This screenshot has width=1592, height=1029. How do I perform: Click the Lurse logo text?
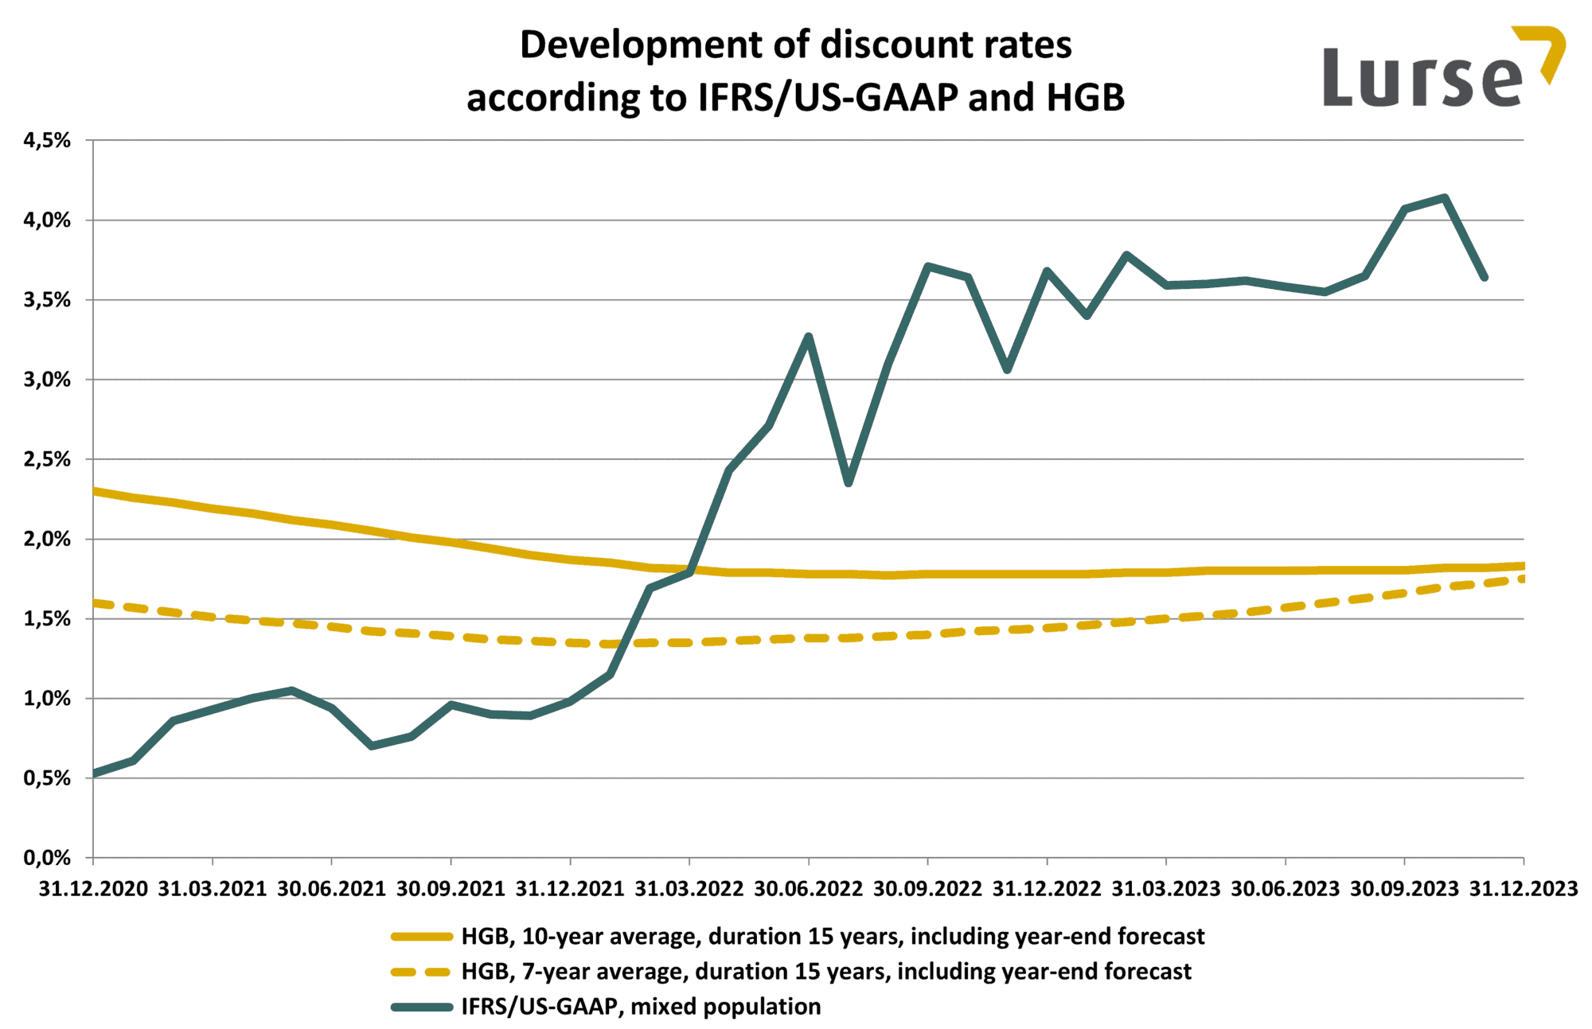1422,78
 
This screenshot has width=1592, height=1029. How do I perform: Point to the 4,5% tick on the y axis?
47,141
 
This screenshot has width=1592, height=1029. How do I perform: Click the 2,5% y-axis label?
47,460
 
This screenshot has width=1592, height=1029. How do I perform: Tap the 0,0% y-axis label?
47,858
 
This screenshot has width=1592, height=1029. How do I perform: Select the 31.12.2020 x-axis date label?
93,889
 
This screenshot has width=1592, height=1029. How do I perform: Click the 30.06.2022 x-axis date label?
808,889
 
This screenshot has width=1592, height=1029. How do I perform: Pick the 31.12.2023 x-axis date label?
1523,889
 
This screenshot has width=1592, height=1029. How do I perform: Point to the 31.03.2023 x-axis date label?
1165,889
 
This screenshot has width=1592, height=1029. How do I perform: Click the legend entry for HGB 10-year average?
832,937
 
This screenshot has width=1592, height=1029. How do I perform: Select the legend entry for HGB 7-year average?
825,972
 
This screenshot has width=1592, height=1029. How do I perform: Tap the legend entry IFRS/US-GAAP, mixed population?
641,1007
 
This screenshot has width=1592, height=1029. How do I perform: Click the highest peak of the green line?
1444,197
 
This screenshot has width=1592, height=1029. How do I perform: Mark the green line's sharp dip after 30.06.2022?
849,483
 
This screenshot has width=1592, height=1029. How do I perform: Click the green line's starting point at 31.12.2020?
95,774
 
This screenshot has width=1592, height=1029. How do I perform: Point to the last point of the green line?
1484,278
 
